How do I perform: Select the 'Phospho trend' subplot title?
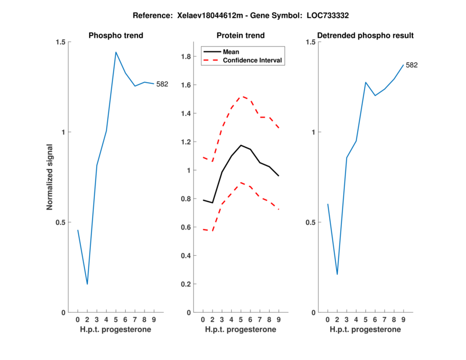pyautogui.click(x=116, y=36)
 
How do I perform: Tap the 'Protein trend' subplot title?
pyautogui.click(x=241, y=36)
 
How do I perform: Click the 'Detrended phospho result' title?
pyautogui.click(x=365, y=36)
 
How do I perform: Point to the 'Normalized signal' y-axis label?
pyautogui.click(x=50, y=177)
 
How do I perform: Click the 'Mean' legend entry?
pyautogui.click(x=231, y=52)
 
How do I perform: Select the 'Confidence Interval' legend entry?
pyautogui.click(x=252, y=60)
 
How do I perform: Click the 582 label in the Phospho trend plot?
pyautogui.click(x=162, y=84)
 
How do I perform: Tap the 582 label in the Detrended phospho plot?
pyautogui.click(x=411, y=65)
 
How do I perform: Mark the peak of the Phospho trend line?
pyautogui.click(x=116, y=52)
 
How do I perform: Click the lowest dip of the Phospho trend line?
pyautogui.click(x=87, y=284)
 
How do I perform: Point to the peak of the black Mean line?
pyautogui.click(x=241, y=145)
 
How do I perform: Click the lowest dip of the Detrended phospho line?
pyautogui.click(x=337, y=274)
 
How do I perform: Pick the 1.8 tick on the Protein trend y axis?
pyautogui.click(x=187, y=57)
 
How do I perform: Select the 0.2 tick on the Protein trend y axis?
pyautogui.click(x=187, y=284)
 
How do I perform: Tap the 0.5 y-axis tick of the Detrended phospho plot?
pyautogui.click(x=310, y=223)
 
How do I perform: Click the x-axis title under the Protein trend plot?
pyautogui.click(x=241, y=330)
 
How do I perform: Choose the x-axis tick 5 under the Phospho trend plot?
pyautogui.click(x=116, y=320)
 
